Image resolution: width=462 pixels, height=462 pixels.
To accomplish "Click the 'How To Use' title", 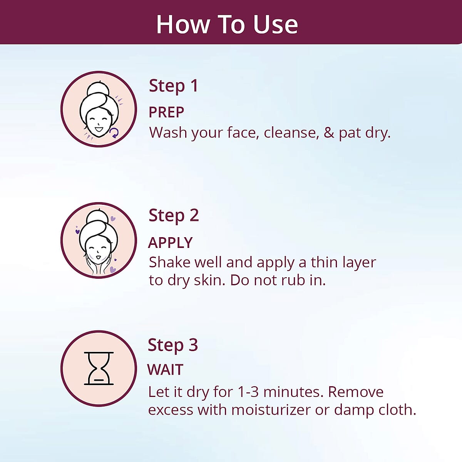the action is pos(227,25).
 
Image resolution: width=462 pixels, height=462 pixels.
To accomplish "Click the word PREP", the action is pos(166,112).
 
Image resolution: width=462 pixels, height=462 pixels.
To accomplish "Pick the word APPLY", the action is pos(170,243).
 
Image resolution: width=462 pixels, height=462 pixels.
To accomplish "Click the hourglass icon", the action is pos(99,368).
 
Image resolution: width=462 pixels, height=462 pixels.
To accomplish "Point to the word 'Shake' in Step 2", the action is pos(169,262).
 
